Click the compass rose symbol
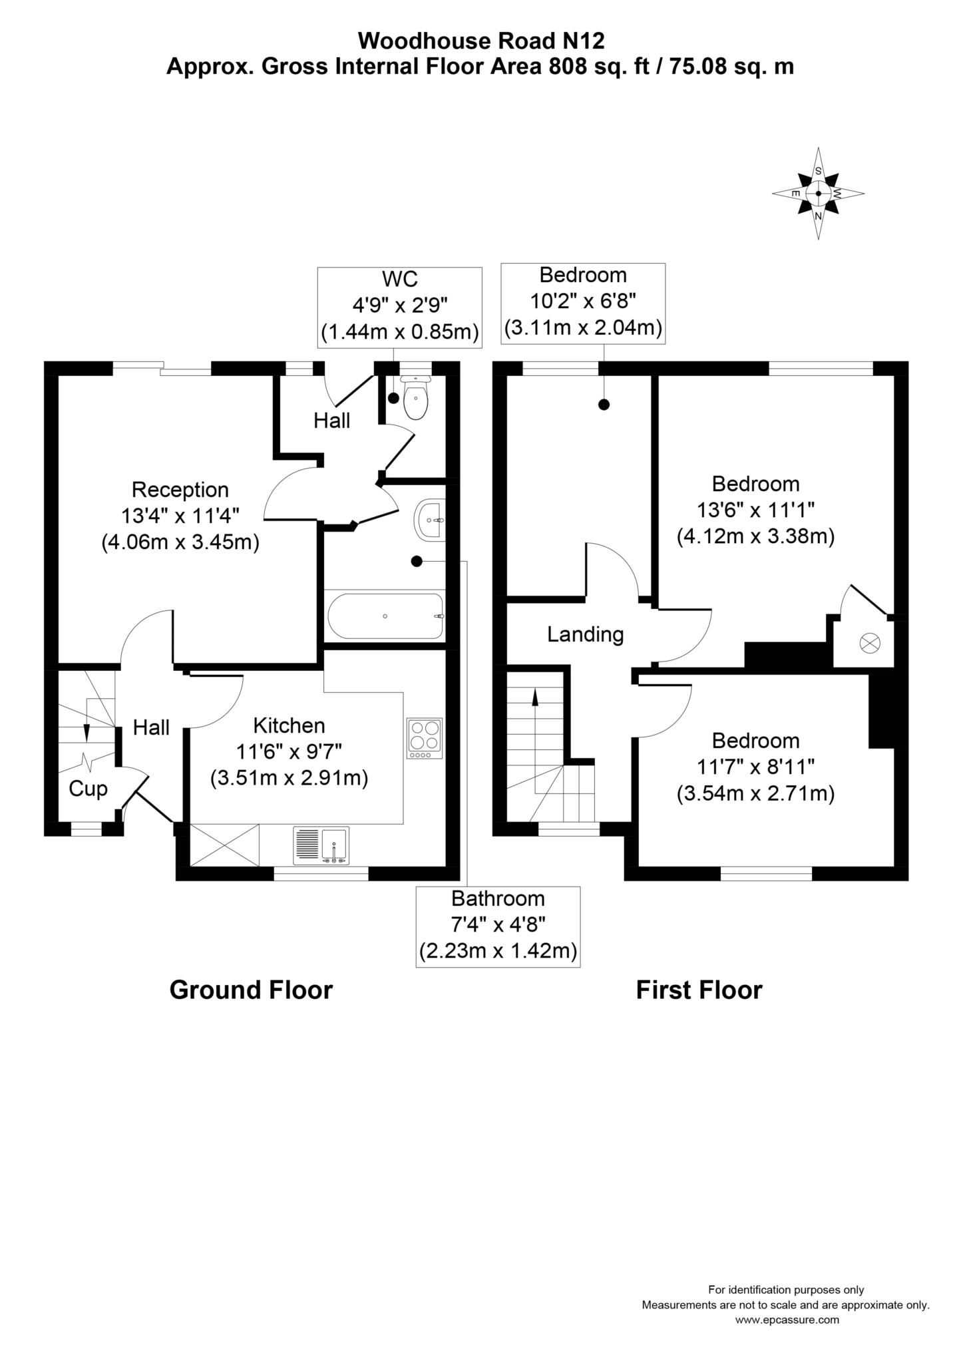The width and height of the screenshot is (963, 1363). click(818, 194)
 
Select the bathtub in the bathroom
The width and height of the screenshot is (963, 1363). click(385, 616)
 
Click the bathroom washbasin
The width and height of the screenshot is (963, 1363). click(429, 520)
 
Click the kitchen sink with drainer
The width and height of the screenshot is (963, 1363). click(321, 846)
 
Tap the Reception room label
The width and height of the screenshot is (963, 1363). click(180, 490)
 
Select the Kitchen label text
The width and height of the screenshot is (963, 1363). click(289, 725)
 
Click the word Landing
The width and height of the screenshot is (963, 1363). click(585, 634)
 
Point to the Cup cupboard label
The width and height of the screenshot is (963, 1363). click(88, 789)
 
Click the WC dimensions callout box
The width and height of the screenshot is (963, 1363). click(399, 307)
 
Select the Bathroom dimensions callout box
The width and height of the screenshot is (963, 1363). click(498, 926)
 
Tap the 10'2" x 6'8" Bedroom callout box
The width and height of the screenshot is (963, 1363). click(583, 303)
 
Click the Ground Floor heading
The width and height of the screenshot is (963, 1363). click(251, 990)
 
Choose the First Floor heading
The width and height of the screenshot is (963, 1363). click(699, 990)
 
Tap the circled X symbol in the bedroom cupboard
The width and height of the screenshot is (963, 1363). click(870, 643)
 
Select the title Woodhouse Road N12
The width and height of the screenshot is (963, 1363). click(481, 41)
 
